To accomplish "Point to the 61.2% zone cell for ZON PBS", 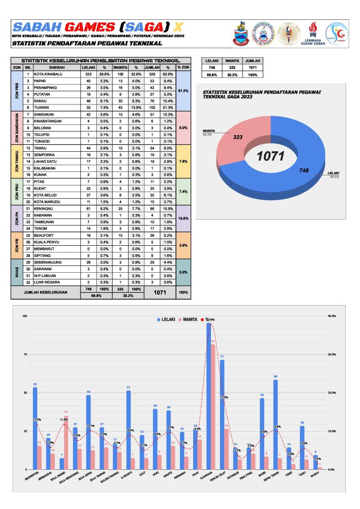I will pyautogui.click(x=183, y=91).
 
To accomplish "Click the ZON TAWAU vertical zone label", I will pyautogui.click(x=16, y=161).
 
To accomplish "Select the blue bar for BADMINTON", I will pyautogui.click(x=35, y=428).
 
